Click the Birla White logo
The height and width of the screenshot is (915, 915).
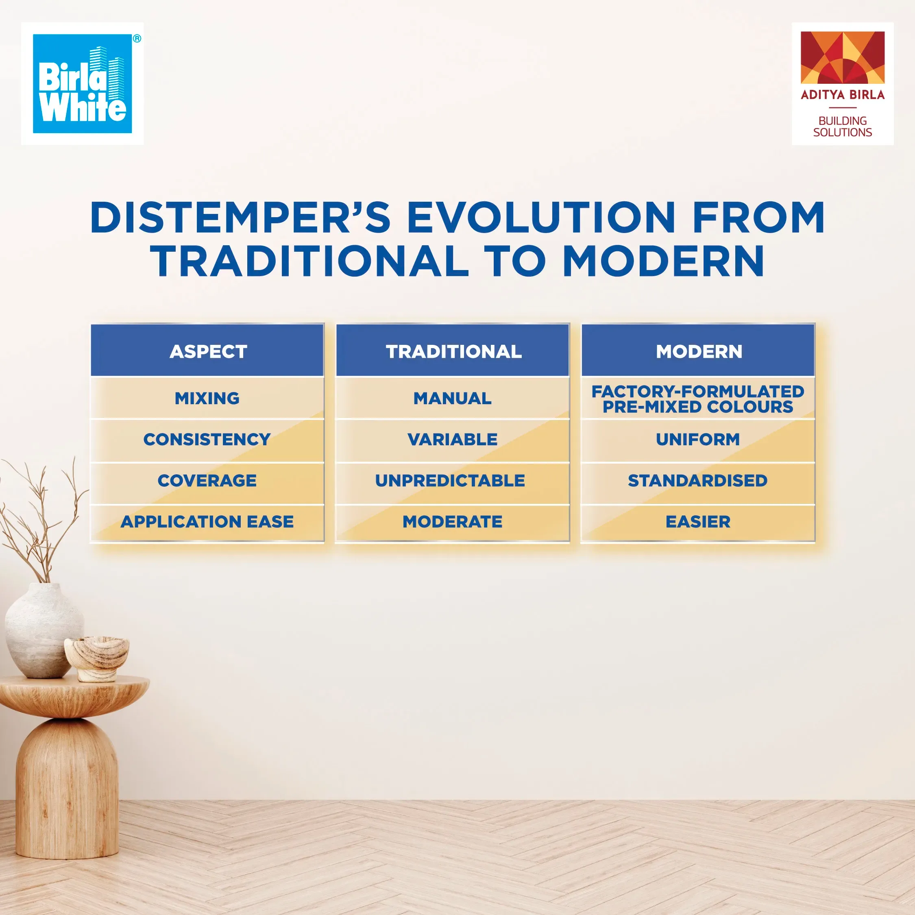[x=83, y=83]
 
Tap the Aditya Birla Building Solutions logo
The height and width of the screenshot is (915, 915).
[x=843, y=83]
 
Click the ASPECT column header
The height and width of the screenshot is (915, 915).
[x=208, y=351]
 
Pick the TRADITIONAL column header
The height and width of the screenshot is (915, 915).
[x=453, y=351]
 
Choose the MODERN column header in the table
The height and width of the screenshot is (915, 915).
[x=699, y=351]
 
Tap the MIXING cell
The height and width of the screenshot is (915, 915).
[x=207, y=398]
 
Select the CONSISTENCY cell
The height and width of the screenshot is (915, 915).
[x=207, y=440]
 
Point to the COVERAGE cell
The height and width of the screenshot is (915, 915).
[x=207, y=481]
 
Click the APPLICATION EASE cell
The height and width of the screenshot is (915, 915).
[x=207, y=522]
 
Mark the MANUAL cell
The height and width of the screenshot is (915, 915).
[x=453, y=398]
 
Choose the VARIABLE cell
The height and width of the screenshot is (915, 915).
[x=453, y=440]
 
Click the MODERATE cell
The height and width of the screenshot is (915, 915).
[x=453, y=522]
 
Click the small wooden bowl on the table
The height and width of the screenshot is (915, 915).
[x=98, y=658]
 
